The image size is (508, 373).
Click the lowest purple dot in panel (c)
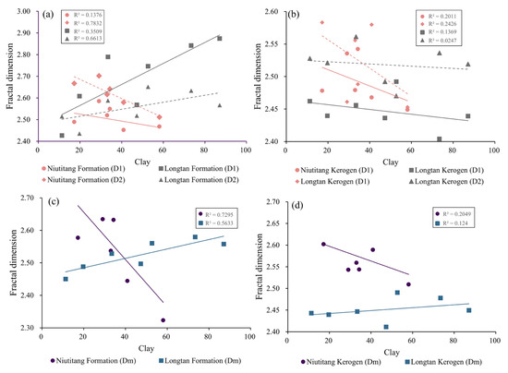(x=163, y=320)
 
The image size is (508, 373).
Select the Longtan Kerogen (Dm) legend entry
(x=441, y=359)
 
